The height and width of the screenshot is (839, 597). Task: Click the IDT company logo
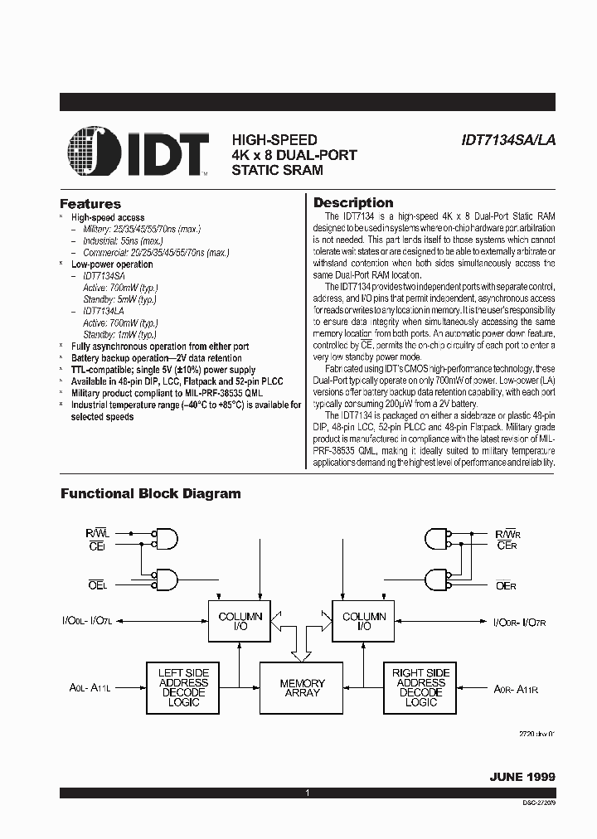[x=138, y=152]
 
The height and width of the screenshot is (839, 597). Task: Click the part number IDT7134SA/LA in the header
[x=507, y=141]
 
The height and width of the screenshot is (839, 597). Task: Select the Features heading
[x=90, y=204]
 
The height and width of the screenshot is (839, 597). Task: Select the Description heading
[x=353, y=203]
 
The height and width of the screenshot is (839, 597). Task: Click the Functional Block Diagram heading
[x=150, y=493]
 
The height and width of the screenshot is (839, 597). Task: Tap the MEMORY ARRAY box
[x=302, y=687]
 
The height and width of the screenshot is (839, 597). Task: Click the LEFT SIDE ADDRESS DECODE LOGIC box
[x=183, y=687]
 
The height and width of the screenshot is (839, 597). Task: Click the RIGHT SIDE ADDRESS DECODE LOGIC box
[x=420, y=687]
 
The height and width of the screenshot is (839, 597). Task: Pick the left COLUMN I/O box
[x=240, y=622]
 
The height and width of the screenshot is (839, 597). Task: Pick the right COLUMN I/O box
[x=364, y=622]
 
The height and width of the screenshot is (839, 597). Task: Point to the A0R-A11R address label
[x=517, y=688]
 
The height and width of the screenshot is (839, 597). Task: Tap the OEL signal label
[x=98, y=585]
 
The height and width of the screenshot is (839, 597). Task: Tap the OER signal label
[x=506, y=585]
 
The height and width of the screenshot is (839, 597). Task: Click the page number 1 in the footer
[x=307, y=794]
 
